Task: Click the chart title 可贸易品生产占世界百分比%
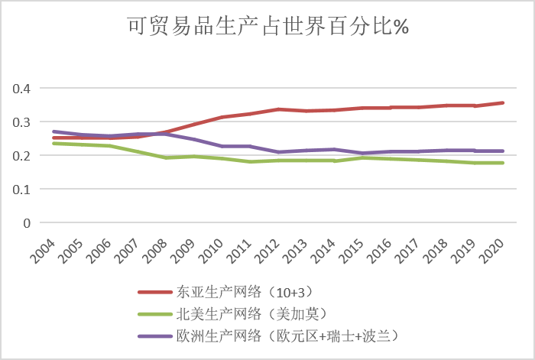click(267, 28)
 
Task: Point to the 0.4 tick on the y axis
click(24, 88)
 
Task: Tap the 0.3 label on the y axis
click(24, 122)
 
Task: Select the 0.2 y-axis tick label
click(24, 155)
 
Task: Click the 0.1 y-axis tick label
click(24, 189)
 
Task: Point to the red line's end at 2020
click(503, 102)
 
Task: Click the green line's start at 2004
click(53, 143)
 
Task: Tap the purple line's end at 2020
click(503, 151)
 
